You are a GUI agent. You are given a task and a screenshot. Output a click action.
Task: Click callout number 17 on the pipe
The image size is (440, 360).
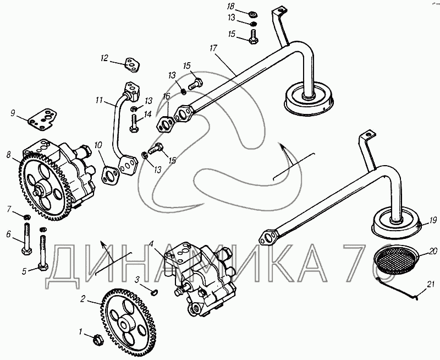coord(213,48)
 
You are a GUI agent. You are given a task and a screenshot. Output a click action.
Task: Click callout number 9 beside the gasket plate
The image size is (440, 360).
coord(13,113)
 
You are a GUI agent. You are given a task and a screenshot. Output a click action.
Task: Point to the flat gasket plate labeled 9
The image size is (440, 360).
coord(43,120)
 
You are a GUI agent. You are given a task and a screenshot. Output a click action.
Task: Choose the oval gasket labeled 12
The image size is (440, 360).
coord(131,65)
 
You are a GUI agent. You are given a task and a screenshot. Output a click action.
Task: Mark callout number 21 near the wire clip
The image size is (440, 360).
coord(430,284)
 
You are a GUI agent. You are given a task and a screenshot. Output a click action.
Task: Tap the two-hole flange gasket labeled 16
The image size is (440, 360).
coord(166,123)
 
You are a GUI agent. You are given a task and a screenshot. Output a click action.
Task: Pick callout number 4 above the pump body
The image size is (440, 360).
coord(152,243)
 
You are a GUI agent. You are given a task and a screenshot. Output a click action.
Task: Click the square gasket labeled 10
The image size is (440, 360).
coord(111,175)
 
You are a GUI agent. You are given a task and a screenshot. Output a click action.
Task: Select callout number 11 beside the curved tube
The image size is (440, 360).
coord(99,100)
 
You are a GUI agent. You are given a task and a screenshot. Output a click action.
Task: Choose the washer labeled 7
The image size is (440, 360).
coord(27,217)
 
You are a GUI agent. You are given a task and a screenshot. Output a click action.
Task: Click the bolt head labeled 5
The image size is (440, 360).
coord(43,267)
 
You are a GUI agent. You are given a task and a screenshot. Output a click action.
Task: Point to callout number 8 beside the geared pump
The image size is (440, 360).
coord(9,155)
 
